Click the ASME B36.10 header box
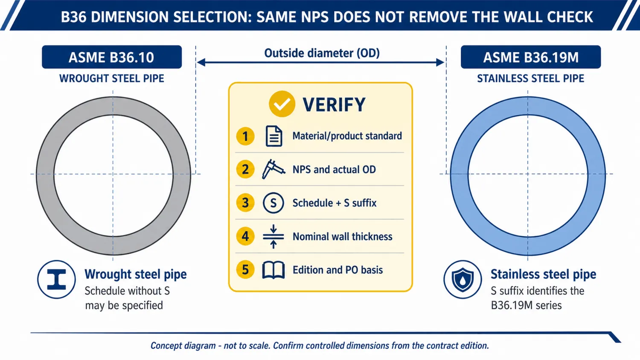[x=112, y=57]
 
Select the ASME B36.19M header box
[x=531, y=57]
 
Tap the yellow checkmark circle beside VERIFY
[x=282, y=104]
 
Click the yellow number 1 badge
[x=245, y=136]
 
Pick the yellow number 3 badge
[x=245, y=203]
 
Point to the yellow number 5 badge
[x=245, y=270]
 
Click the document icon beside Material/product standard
[x=274, y=136]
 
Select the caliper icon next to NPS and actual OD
[x=273, y=169]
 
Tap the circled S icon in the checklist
[x=273, y=203]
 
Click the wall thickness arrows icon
[x=273, y=237]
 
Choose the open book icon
[x=273, y=270]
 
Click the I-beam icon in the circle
[x=57, y=279]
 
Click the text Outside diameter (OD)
[x=322, y=53]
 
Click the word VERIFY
[x=334, y=105]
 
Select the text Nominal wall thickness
[x=343, y=237]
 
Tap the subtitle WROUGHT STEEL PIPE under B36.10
[x=112, y=78]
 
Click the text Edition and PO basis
[x=338, y=270]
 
